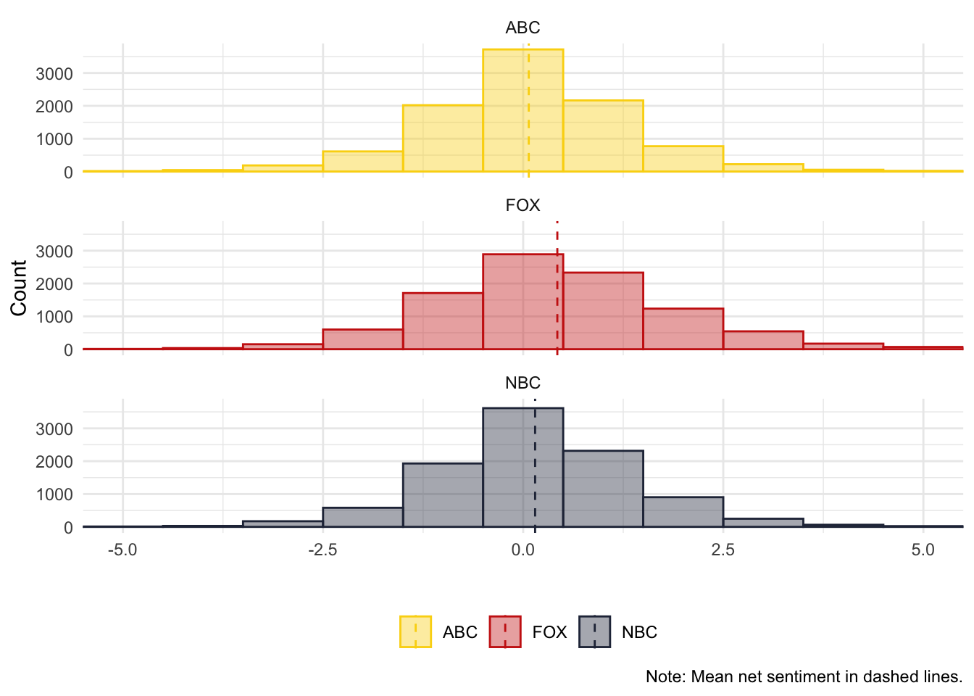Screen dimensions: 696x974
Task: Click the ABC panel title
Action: click(x=523, y=28)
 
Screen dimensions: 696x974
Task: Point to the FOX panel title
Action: click(x=523, y=205)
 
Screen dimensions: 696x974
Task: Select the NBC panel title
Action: click(x=523, y=383)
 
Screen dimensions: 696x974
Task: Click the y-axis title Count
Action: click(x=19, y=288)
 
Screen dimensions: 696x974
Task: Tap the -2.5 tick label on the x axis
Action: click(x=322, y=550)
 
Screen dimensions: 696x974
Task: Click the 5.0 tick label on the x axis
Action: click(x=923, y=550)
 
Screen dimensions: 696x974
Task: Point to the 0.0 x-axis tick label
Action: click(x=523, y=550)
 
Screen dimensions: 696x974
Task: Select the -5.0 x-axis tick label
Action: click(x=122, y=550)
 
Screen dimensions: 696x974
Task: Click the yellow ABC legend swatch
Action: click(x=415, y=631)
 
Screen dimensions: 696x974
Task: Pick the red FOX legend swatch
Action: click(x=505, y=631)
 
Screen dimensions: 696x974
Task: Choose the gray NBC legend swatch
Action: click(x=594, y=631)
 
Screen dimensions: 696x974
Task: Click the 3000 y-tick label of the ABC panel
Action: click(x=54, y=73)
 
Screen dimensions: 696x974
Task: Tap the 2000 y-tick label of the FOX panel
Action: click(x=54, y=283)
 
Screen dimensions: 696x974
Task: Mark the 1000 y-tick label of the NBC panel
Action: click(x=54, y=494)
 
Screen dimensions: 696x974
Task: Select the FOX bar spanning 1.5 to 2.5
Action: click(x=683, y=329)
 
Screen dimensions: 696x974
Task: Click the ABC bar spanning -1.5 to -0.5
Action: click(x=443, y=138)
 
